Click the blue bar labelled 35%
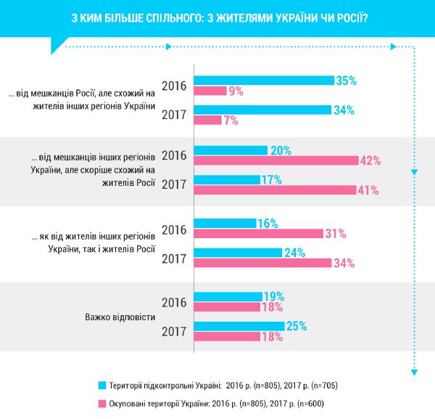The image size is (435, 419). (x=265, y=80)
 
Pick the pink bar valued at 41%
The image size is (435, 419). (x=275, y=190)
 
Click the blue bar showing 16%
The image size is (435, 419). (x=225, y=224)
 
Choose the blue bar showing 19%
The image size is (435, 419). (x=228, y=296)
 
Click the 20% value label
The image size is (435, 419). (x=279, y=150)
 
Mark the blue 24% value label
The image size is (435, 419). (x=293, y=253)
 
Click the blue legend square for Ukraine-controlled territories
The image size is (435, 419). (x=102, y=385)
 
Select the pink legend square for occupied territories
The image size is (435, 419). (x=102, y=402)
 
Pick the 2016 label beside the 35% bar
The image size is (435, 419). (x=174, y=86)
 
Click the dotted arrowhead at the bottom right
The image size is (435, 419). (x=414, y=372)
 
